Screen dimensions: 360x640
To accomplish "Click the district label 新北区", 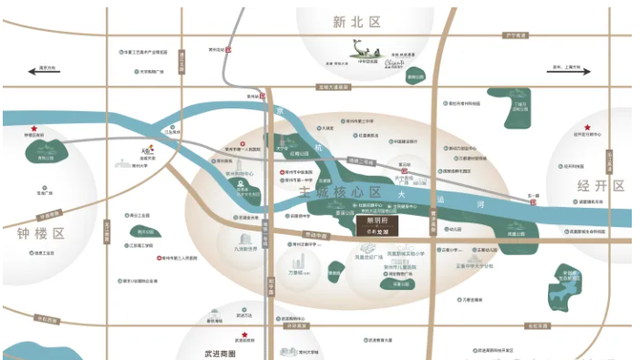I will click(351, 20).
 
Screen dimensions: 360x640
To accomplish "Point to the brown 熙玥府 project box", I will click(374, 225).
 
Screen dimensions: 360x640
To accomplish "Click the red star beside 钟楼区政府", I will click(35, 129).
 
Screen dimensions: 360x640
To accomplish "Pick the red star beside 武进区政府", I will click(243, 345).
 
